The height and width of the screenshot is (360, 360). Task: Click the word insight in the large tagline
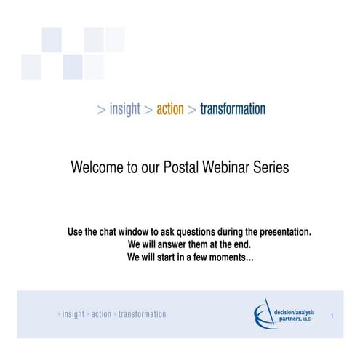(124, 110)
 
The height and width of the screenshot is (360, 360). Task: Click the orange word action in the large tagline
(169, 110)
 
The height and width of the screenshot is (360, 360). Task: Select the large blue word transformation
(232, 110)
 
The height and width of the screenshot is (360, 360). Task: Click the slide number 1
(332, 316)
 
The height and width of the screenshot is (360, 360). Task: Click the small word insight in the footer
(73, 314)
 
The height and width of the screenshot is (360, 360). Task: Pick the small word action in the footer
(101, 314)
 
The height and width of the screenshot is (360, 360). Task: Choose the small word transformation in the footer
(142, 314)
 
